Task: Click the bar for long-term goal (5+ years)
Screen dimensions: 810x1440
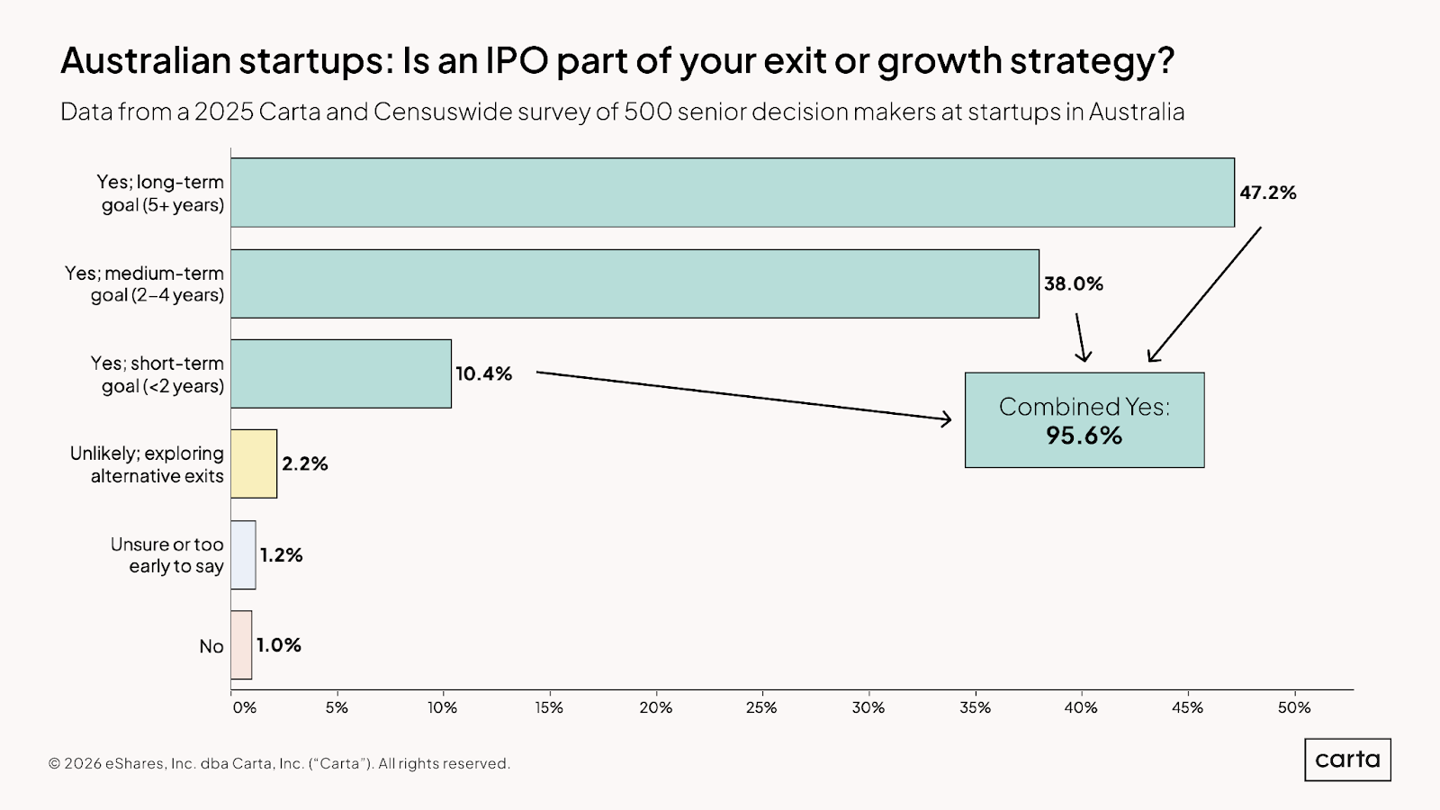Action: (x=732, y=193)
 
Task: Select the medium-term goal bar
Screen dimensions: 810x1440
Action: (x=634, y=283)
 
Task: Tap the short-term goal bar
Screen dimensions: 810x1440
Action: (x=341, y=373)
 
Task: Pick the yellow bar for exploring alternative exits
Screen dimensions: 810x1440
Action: (x=254, y=463)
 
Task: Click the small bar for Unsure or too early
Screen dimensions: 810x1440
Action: (x=243, y=554)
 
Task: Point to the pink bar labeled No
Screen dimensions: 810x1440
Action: (x=241, y=644)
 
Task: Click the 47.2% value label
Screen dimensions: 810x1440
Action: (x=1267, y=193)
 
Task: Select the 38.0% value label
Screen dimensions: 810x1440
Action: (x=1073, y=283)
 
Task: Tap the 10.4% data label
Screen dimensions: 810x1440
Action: (x=483, y=373)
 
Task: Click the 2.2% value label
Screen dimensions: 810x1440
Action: (x=304, y=463)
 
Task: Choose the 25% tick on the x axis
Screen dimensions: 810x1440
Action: (x=761, y=707)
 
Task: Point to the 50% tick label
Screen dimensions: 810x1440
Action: (x=1294, y=707)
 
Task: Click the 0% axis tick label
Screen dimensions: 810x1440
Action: (x=244, y=707)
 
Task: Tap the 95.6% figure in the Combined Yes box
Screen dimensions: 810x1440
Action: (x=1084, y=436)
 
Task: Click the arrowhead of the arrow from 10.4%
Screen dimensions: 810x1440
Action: (x=947, y=419)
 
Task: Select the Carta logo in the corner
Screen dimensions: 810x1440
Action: (x=1347, y=760)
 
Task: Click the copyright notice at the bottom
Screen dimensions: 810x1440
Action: (x=279, y=763)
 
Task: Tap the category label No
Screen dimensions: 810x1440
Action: (x=211, y=646)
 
